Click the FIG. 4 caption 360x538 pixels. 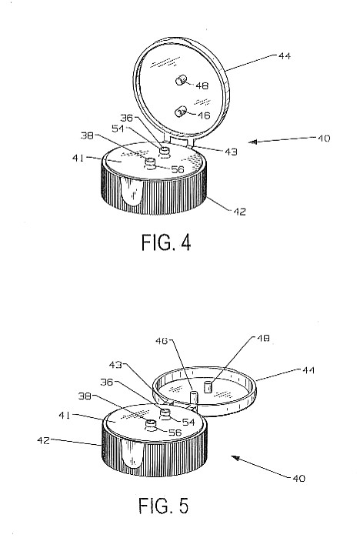(x=166, y=243)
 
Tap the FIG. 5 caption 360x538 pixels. (x=164, y=506)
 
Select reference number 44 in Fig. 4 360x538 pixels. (x=284, y=56)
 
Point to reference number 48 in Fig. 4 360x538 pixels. (x=202, y=85)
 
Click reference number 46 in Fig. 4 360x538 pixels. (x=203, y=115)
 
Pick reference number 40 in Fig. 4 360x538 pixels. (x=324, y=139)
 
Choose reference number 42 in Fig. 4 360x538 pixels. (x=239, y=212)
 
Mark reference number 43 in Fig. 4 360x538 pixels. (x=231, y=152)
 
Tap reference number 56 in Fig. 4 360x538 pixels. (x=178, y=169)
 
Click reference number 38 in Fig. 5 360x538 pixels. (x=85, y=396)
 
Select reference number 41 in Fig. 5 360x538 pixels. (x=65, y=416)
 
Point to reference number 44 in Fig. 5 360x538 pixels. (x=308, y=370)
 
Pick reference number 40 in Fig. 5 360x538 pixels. (x=298, y=478)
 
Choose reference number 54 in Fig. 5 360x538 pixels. (x=188, y=422)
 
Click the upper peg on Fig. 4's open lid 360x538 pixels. (x=181, y=81)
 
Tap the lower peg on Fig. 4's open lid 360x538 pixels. (x=180, y=112)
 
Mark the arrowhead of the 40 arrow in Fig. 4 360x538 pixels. (x=252, y=142)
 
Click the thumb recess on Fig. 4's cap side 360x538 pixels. (x=132, y=193)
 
